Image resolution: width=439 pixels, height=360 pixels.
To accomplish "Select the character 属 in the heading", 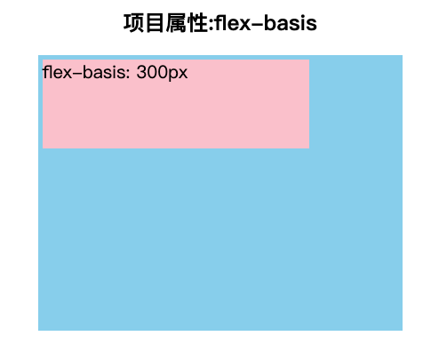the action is (x=176, y=23).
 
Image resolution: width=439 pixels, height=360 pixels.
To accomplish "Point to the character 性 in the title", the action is (x=198, y=23).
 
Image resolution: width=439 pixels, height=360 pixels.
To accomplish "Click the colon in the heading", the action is (x=212, y=25).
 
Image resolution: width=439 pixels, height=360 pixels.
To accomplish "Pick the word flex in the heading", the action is (x=233, y=23).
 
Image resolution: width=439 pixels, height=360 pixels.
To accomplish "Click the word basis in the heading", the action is (x=291, y=23).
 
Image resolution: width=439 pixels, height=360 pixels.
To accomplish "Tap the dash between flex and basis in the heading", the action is (x=257, y=24).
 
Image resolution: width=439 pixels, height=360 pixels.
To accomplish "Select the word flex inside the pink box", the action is (x=57, y=72).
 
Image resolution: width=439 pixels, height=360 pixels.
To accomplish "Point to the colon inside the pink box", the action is (x=128, y=74).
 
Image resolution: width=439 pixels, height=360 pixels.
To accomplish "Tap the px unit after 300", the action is (x=178, y=75).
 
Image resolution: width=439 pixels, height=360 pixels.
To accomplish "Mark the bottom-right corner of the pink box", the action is (x=309, y=148).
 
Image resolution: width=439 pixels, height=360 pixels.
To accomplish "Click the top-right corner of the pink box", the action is (x=309, y=60).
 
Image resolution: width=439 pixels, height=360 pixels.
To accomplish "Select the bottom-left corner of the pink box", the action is (x=43, y=148).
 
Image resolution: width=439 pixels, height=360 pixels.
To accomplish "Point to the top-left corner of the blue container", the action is (x=38, y=55).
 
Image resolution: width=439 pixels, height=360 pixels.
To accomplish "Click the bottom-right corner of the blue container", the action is (x=403, y=330).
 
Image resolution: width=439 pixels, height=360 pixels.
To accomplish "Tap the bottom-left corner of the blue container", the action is (x=38, y=330).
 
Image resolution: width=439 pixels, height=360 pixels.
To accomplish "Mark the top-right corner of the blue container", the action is (x=403, y=55).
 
